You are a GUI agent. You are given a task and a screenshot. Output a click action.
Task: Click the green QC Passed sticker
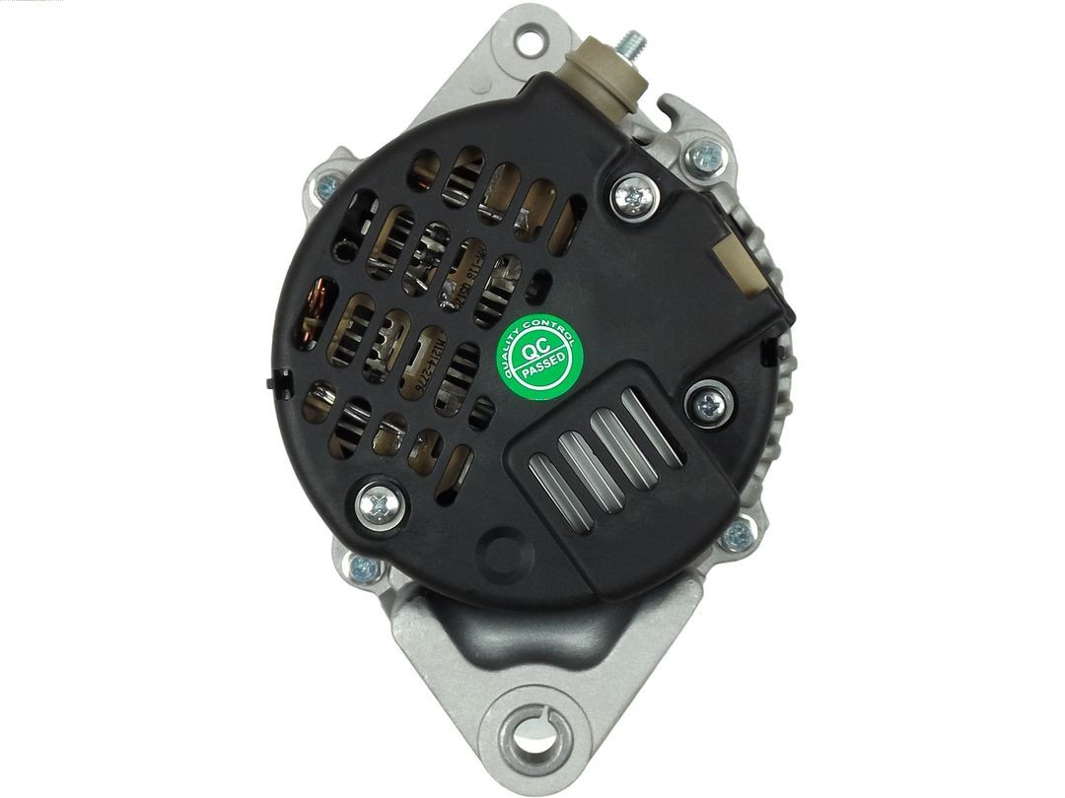pyautogui.click(x=538, y=356)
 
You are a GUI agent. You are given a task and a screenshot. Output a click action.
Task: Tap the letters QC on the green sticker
pyautogui.click(x=532, y=348)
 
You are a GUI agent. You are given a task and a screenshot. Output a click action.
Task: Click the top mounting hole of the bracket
pyautogui.click(x=530, y=41)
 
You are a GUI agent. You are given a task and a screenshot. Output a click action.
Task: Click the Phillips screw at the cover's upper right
pyautogui.click(x=633, y=197)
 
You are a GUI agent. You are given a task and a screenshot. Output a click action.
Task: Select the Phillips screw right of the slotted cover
pyautogui.click(x=710, y=404)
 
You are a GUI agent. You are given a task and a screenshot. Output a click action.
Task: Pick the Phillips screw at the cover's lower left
pyautogui.click(x=380, y=505)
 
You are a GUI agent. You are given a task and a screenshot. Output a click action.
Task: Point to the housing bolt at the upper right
pyautogui.click(x=706, y=155)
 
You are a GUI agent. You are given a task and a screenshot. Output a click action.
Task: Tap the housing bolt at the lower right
pyautogui.click(x=736, y=537)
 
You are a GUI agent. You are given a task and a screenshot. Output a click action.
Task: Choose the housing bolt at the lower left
pyautogui.click(x=363, y=568)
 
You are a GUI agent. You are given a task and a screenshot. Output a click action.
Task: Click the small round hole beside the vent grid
pyautogui.click(x=538, y=291)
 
